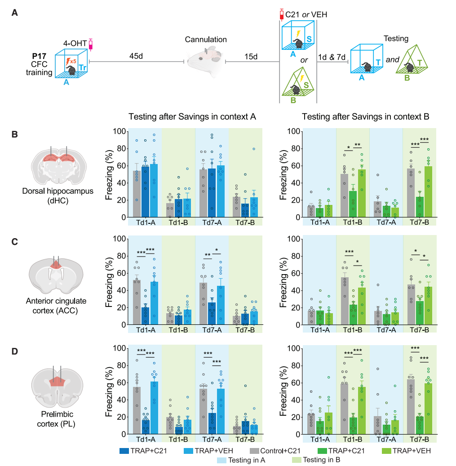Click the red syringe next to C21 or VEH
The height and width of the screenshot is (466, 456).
coord(281,14)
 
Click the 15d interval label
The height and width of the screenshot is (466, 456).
coord(251,56)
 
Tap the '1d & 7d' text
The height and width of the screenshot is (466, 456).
coord(332,58)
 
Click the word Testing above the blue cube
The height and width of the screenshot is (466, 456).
coord(396,39)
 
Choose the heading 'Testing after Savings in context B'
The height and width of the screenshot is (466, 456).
coord(366,117)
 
